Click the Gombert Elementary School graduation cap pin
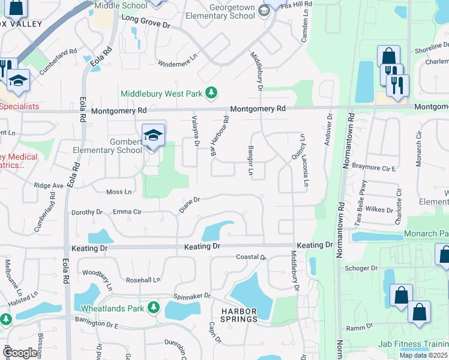tap(153, 136)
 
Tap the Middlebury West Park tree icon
tap(211, 93)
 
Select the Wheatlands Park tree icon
tap(154, 308)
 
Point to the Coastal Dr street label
tap(251, 257)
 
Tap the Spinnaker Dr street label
tap(192, 296)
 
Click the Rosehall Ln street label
tap(143, 280)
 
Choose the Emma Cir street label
tap(127, 212)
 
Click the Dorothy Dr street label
tap(87, 212)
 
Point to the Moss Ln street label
tap(118, 192)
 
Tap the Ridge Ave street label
tap(49, 186)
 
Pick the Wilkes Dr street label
tap(382, 211)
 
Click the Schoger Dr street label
tap(361, 268)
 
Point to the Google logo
tap(20, 353)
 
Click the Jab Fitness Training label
tap(413, 344)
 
